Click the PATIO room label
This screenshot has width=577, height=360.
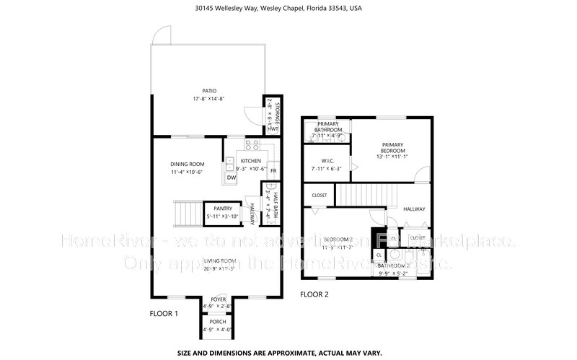[209, 91]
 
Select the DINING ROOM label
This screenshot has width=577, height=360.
[188, 164]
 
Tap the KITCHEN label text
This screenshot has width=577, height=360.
[251, 161]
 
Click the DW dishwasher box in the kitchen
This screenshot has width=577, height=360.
[232, 177]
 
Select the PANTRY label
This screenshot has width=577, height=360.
[222, 208]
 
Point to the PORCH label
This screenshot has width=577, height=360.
[218, 321]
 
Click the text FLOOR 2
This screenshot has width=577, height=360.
[314, 294]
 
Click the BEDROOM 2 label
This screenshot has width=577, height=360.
[337, 240]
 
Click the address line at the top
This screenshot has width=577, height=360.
[288, 9]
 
